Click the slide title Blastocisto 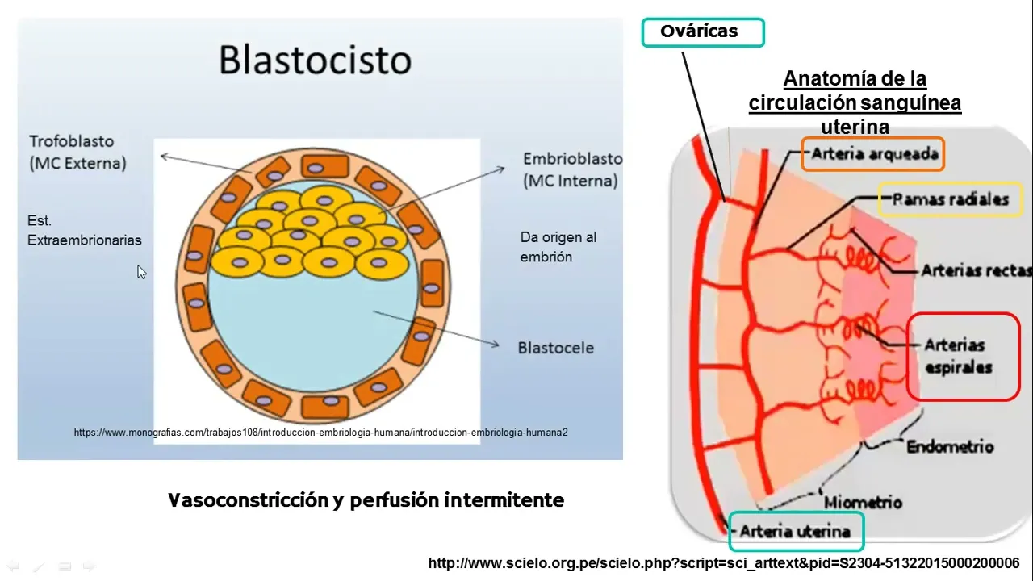click(315, 61)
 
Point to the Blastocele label click(555, 348)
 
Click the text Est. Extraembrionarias click(84, 230)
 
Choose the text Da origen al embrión click(558, 247)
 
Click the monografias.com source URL click(320, 433)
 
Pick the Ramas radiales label click(950, 199)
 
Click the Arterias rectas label click(976, 271)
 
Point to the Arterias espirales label click(959, 356)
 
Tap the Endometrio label click(950, 446)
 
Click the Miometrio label click(863, 503)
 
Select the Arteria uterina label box click(795, 531)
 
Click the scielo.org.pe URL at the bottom click(723, 562)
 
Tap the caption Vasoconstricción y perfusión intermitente click(366, 500)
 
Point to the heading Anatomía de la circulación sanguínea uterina click(855, 102)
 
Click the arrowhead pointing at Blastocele click(496, 345)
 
